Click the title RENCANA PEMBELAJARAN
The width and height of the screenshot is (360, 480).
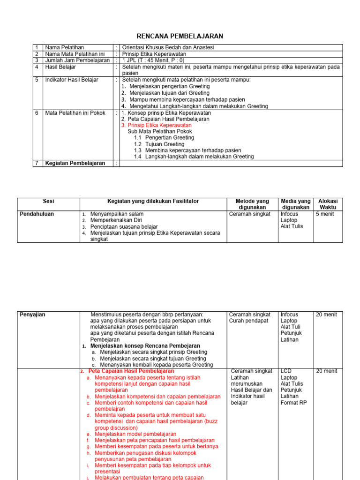[x=180, y=36]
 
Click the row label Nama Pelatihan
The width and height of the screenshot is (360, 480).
[x=64, y=47]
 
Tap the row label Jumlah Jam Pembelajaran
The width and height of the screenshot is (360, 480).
[x=77, y=60]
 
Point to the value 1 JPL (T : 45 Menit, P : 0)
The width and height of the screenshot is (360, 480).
[x=153, y=60]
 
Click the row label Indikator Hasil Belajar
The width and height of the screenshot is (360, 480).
[x=71, y=80]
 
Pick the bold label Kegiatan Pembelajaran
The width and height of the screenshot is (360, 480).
[x=75, y=163]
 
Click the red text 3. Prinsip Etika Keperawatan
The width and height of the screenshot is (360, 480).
[x=156, y=126]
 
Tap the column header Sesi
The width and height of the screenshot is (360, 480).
[x=48, y=201]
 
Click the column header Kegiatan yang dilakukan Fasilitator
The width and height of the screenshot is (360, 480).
[x=153, y=201]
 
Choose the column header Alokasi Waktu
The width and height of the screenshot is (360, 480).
[x=328, y=204]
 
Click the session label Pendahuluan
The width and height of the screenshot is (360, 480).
[x=37, y=214]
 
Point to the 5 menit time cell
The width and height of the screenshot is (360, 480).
[x=325, y=214]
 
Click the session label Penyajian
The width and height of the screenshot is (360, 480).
[x=32, y=315]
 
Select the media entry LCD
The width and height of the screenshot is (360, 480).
[x=286, y=371]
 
